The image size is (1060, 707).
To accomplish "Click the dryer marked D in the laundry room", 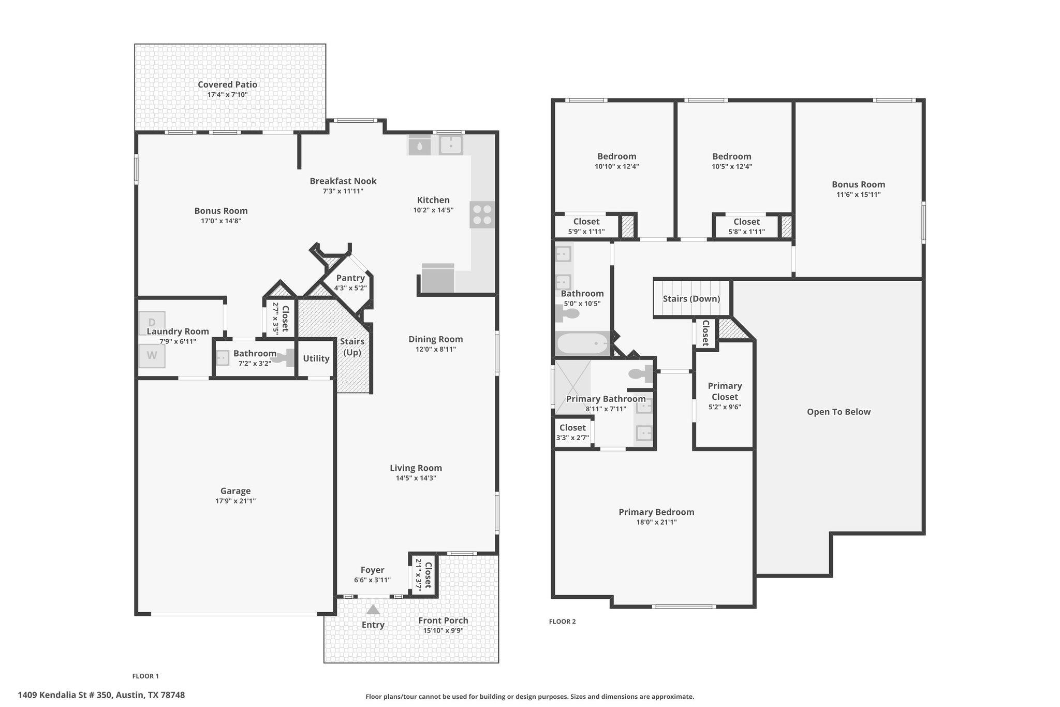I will pos(152,323).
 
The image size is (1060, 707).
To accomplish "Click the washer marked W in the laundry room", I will pos(152,355).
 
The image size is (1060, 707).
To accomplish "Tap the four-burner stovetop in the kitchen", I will pos(482,214).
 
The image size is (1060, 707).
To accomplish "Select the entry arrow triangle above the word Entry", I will pos(373,609).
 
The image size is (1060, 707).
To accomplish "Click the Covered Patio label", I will pos(227,84).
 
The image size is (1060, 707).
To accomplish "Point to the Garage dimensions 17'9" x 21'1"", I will pos(235,501).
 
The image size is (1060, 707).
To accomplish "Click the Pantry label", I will pos(350,278).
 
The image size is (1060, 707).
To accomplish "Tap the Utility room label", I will pos(316,358).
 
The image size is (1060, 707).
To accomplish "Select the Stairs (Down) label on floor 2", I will pos(691,298).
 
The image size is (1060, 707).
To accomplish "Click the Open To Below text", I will pos(838,412).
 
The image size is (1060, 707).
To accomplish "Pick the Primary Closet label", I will pos(725,391).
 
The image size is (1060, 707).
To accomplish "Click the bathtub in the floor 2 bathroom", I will pos(582,343).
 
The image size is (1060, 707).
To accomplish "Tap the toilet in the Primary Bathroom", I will pos(641,374).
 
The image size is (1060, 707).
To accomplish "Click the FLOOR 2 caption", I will pos(562,622).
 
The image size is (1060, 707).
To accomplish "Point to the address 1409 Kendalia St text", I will pos(101,695).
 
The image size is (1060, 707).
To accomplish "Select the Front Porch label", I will pos(443,620).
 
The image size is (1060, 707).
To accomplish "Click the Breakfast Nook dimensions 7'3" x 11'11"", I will pos(343,191).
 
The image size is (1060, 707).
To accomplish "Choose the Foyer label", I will pos(372,570).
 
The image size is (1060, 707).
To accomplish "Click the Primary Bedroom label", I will pos(656,512).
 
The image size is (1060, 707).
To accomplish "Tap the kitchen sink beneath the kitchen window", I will pos(451,145).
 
